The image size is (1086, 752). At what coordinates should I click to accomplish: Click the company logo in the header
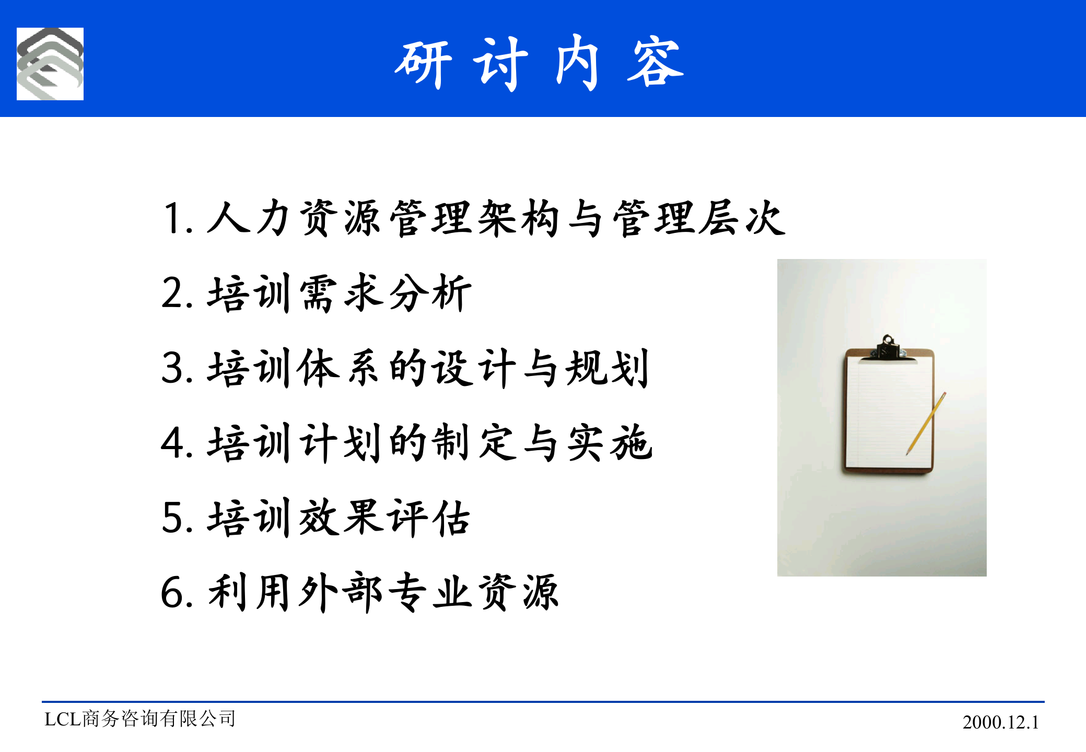[50, 64]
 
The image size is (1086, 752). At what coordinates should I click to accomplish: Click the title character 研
[423, 64]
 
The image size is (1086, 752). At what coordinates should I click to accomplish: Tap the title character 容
[655, 63]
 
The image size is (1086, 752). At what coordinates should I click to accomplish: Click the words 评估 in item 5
[428, 518]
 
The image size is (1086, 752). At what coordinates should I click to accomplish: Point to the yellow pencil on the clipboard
[926, 423]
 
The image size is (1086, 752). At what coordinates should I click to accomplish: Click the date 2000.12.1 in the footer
[1000, 722]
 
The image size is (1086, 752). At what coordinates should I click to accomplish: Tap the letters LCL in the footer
[63, 720]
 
